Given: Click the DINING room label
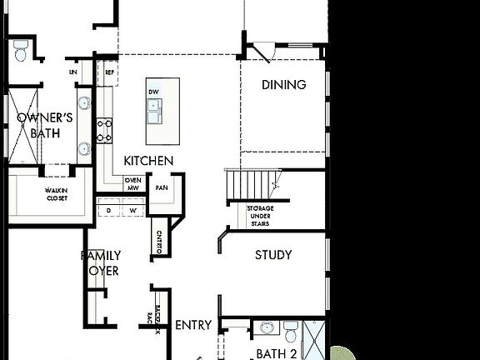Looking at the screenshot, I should pyautogui.click(x=283, y=85).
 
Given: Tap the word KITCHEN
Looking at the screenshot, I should pyautogui.click(x=148, y=160).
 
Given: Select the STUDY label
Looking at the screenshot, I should pyautogui.click(x=273, y=255).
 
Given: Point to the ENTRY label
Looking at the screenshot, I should pyautogui.click(x=193, y=325).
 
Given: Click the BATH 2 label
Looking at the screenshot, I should pyautogui.click(x=277, y=353).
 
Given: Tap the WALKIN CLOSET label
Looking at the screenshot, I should pyautogui.click(x=57, y=195).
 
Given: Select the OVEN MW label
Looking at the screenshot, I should pyautogui.click(x=132, y=184).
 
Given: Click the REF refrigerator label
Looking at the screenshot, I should pyautogui.click(x=109, y=72).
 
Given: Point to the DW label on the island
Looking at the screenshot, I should pyautogui.click(x=153, y=92).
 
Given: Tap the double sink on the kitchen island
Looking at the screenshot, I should pyautogui.click(x=156, y=107).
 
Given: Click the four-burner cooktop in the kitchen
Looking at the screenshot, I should pyautogui.click(x=105, y=129).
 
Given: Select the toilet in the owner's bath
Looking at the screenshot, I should pyautogui.click(x=21, y=50).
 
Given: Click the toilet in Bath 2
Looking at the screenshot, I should pyautogui.click(x=290, y=332).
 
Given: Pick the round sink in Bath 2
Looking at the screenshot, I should pyautogui.click(x=267, y=327).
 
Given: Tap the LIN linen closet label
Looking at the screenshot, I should pyautogui.click(x=73, y=73).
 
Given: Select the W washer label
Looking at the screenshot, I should pyautogui.click(x=132, y=211).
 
